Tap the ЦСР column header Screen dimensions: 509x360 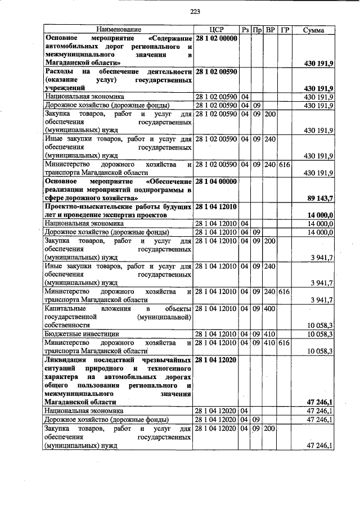216,29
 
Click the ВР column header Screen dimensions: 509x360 270,29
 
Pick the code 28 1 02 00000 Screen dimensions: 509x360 216,38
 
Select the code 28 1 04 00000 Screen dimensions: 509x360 216,182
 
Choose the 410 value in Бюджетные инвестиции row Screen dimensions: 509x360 269,334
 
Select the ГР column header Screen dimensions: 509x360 284,29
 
